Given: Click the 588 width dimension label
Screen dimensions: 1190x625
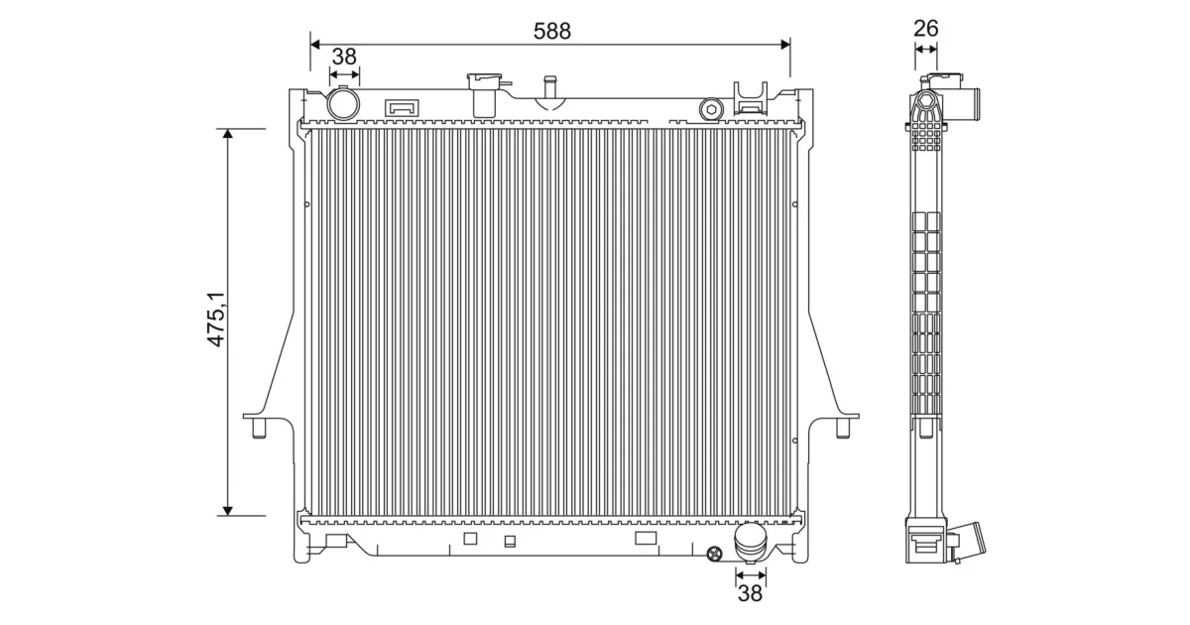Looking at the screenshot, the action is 552,31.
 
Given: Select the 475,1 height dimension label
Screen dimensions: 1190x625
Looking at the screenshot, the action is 217,319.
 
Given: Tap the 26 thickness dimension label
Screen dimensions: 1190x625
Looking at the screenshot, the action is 925,28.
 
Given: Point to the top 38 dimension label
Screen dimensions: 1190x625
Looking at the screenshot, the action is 344,57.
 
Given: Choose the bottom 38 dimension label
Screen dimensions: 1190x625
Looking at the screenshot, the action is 750,593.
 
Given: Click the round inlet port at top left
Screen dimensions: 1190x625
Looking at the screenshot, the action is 343,104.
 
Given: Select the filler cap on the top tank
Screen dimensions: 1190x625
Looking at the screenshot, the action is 485,94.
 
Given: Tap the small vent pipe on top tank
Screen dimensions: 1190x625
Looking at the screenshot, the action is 549,88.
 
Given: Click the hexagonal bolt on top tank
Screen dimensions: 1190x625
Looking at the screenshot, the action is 711,109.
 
